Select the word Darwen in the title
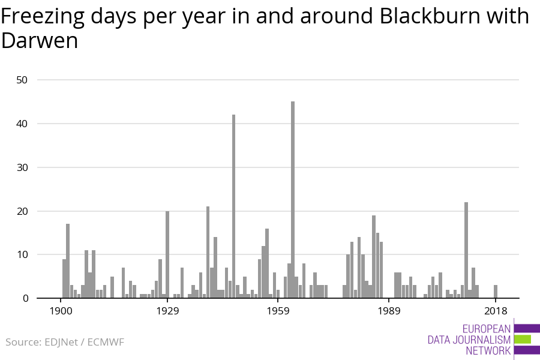coord(40,41)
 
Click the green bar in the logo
coord(522,340)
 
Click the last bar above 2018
coord(496,292)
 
